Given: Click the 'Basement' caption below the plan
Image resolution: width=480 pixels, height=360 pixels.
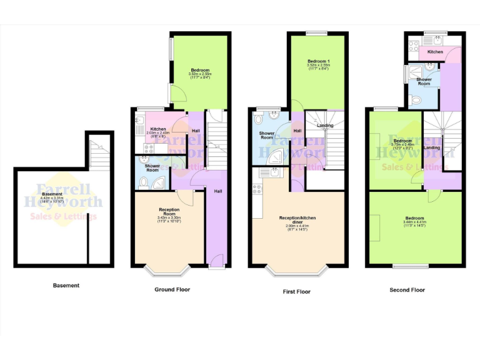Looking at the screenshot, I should click(66, 286).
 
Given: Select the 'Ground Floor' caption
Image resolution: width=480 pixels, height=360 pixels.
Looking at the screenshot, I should click(172, 289).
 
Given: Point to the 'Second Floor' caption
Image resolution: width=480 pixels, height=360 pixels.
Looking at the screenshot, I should click(407, 290).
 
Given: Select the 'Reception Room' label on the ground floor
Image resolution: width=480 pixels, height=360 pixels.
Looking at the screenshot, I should click(169, 210).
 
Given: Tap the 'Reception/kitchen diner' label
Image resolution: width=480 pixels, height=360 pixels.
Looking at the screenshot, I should click(296, 219).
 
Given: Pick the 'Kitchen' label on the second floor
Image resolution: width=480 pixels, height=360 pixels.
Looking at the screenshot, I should click(436, 52).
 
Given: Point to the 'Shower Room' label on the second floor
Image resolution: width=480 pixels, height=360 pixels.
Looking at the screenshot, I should click(424, 81).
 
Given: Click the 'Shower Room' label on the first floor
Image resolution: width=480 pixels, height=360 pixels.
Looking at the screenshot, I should click(267, 135).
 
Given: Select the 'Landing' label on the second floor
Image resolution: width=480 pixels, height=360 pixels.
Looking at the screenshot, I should click(432, 147).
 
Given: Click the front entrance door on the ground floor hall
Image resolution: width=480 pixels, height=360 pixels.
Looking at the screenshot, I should click(216, 261).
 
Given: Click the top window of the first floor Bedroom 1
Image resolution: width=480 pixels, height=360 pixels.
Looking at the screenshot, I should click(317, 32).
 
